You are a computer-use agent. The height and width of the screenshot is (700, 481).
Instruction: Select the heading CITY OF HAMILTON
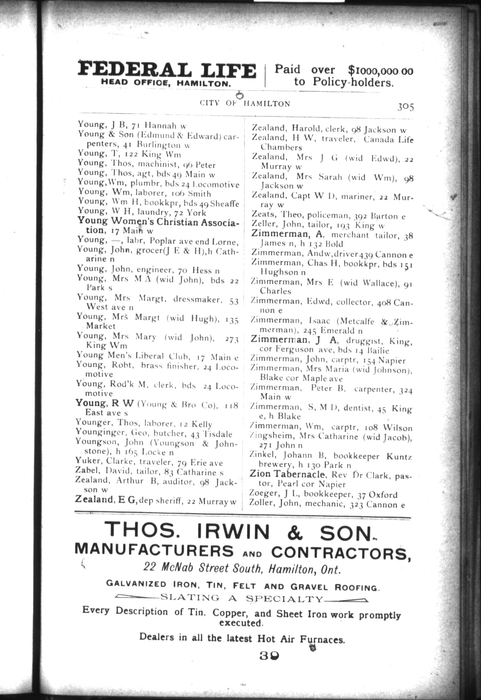[245, 103]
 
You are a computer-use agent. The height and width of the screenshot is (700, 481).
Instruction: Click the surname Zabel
[85, 472]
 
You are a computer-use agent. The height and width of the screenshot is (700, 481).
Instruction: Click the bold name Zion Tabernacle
[287, 474]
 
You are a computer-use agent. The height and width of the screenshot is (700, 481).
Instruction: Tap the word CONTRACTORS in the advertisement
[341, 552]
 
